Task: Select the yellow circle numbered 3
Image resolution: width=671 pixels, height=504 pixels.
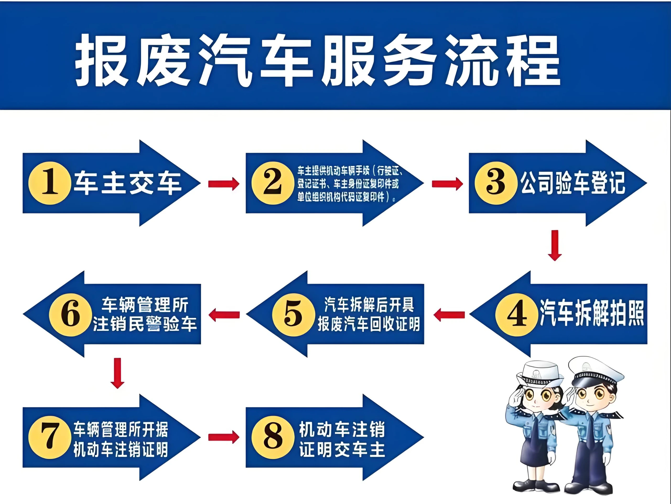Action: coord(496,183)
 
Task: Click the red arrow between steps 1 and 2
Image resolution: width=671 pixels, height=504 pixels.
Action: coord(224,184)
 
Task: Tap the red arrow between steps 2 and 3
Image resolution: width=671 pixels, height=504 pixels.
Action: coord(447,184)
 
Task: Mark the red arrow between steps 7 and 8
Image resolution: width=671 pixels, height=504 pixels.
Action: coord(224,437)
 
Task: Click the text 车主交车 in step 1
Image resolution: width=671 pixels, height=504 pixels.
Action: coord(128,183)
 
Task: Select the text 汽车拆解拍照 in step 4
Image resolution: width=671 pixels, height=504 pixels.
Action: coord(592,313)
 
